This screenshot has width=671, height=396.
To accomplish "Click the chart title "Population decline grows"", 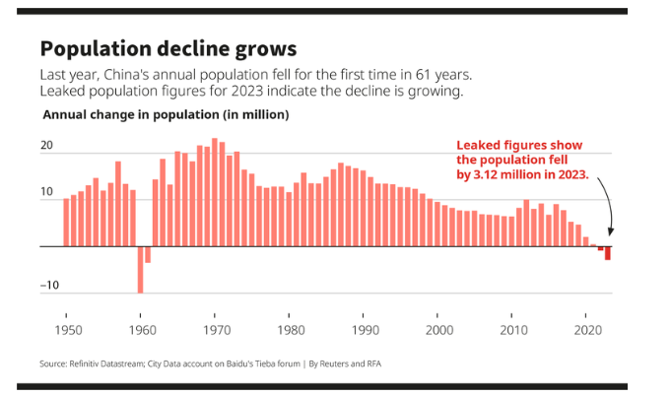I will tap(168, 48).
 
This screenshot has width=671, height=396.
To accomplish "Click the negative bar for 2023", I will tap(608, 253).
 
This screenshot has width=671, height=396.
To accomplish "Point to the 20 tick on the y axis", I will tap(45, 146).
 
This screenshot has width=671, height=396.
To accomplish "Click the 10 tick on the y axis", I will tap(45, 193).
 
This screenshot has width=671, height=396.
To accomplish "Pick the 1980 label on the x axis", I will tap(290, 330).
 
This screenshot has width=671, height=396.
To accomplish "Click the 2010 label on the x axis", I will tap(512, 330).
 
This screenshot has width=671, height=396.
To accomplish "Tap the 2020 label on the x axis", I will tap(586, 330).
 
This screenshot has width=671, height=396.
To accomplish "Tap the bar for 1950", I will tap(66, 223).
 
